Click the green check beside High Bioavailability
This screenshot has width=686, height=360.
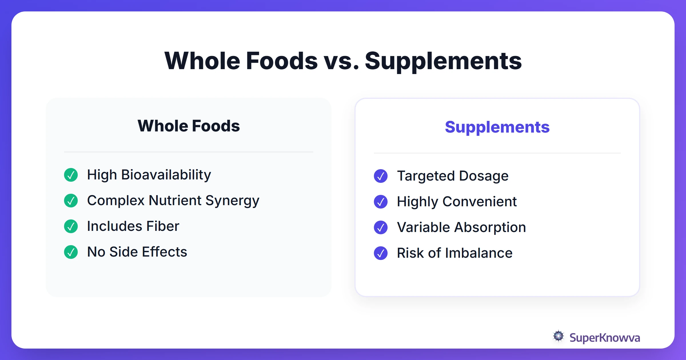click(x=71, y=175)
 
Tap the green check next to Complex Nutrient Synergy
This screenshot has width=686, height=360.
click(x=71, y=201)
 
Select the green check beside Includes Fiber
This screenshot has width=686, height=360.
click(x=71, y=226)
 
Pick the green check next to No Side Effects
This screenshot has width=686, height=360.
click(x=71, y=252)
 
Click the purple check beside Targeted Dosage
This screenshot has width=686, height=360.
click(x=381, y=176)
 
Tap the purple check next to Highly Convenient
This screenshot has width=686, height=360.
click(x=381, y=202)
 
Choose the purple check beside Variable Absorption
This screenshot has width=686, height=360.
click(x=381, y=227)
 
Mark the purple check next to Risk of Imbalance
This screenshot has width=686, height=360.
click(x=381, y=253)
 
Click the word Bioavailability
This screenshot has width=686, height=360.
click(x=166, y=175)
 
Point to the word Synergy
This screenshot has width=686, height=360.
click(x=232, y=201)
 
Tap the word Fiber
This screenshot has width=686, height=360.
click(x=163, y=226)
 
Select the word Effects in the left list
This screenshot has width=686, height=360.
click(x=164, y=252)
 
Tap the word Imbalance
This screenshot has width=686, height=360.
click(x=479, y=253)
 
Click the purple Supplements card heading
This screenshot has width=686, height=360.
click(x=497, y=127)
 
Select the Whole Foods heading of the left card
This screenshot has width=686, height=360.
click(x=189, y=126)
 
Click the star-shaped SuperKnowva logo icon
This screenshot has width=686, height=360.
click(x=558, y=336)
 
